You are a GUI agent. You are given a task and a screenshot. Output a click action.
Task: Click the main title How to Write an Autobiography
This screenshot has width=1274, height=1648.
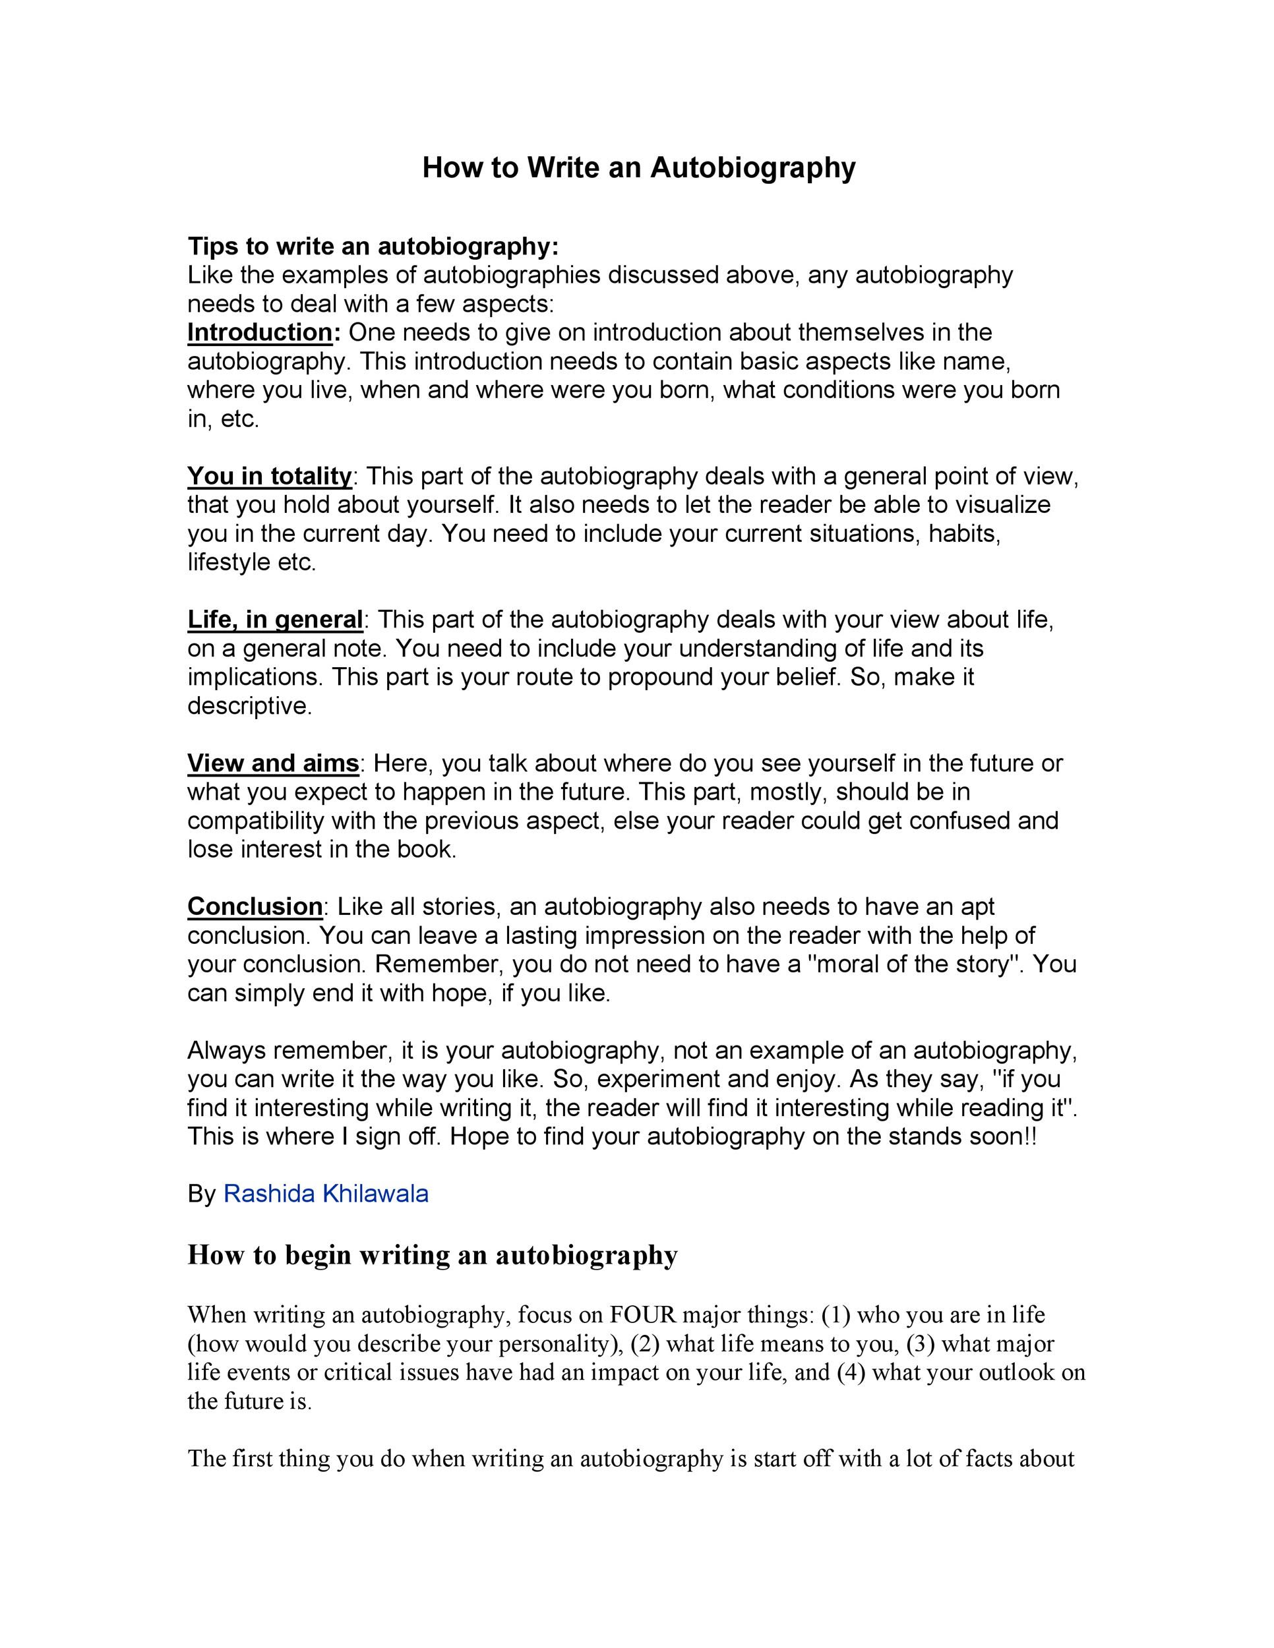pos(638,167)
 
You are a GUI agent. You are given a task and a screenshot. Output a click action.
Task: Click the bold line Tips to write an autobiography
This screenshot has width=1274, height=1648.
pos(373,246)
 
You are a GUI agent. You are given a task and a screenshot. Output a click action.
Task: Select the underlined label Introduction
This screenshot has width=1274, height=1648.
pos(260,332)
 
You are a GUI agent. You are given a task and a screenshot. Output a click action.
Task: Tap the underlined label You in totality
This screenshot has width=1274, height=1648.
pos(270,476)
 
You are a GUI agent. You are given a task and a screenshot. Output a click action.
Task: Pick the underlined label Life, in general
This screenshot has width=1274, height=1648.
pos(275,620)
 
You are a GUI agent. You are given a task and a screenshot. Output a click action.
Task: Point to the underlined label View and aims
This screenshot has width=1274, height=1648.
pos(272,763)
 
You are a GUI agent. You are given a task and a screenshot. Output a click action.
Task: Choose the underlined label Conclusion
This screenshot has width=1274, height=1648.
pos(255,906)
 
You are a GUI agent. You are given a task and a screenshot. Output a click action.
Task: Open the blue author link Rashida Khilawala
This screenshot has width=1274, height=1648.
pos(326,1193)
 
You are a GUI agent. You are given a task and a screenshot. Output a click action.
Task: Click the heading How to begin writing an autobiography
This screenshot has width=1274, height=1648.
pos(433,1255)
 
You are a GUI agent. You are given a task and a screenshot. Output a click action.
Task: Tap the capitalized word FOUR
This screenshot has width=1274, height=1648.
pos(643,1314)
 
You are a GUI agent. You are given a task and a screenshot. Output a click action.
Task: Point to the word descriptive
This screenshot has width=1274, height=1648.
pos(249,706)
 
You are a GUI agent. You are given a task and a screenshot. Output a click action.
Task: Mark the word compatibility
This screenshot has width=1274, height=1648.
pos(255,821)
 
